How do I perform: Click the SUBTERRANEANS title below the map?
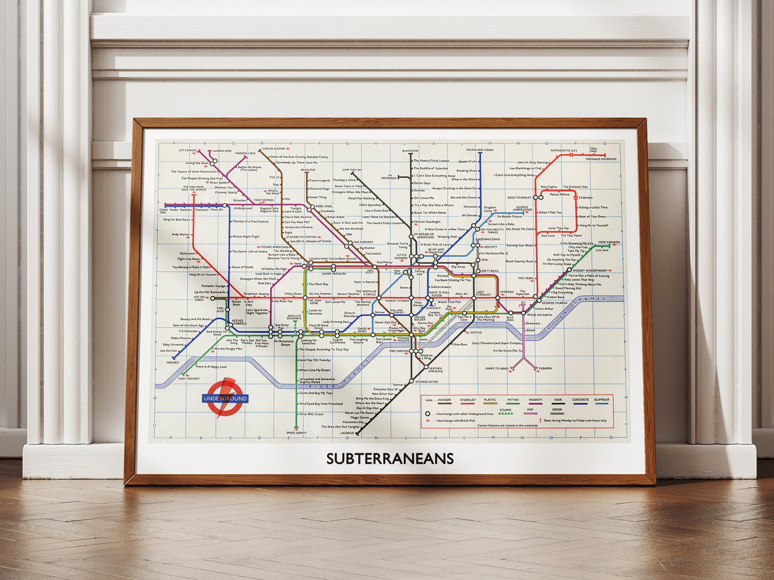click(390, 459)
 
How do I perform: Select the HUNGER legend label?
click(444, 400)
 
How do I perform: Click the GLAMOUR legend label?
click(601, 400)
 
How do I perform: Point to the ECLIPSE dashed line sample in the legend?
click(505, 414)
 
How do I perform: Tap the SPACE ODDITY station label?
click(296, 433)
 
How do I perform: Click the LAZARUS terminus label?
click(347, 433)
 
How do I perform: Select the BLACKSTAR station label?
click(410, 151)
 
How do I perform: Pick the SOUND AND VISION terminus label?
click(479, 150)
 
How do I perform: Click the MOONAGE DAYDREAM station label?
click(600, 159)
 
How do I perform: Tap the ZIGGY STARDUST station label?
click(519, 197)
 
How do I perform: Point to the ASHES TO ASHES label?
click(497, 368)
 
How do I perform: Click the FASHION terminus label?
click(545, 368)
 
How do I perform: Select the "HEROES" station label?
click(172, 362)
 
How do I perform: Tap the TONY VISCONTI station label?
click(189, 379)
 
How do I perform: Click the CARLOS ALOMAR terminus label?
click(273, 149)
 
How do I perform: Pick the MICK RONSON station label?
click(608, 242)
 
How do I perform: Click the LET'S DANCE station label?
click(187, 150)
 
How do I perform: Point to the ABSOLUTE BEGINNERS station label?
click(294, 317)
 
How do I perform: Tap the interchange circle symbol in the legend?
click(427, 414)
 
